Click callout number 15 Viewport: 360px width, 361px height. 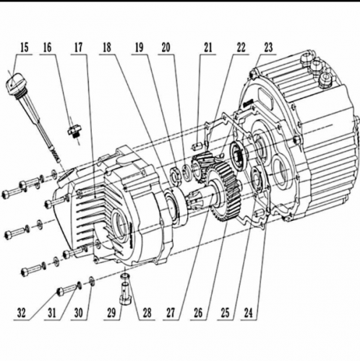[25, 48]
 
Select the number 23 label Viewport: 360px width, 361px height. [270, 48]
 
